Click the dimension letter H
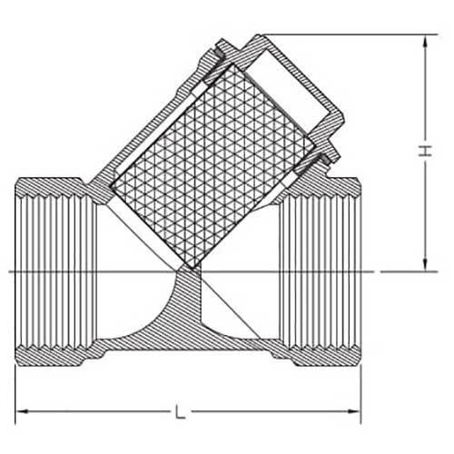tap(422, 154)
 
